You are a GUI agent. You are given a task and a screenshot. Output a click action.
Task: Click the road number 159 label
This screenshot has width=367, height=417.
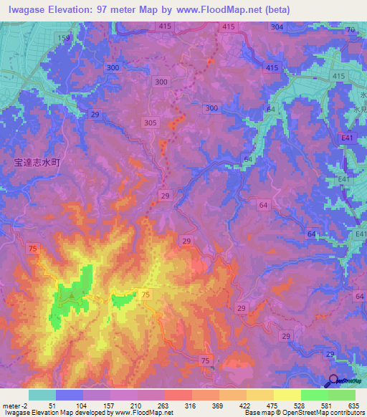click(65, 37)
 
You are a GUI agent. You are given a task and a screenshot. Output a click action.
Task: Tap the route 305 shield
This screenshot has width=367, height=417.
click(150, 123)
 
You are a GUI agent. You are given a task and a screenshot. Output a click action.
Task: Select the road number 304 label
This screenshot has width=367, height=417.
click(277, 27)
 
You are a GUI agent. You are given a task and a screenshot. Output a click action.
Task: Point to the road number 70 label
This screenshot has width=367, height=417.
click(351, 30)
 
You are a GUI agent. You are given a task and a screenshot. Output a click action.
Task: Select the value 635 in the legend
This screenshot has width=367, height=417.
click(353, 406)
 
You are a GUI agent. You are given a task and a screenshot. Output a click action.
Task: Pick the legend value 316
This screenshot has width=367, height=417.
click(189, 406)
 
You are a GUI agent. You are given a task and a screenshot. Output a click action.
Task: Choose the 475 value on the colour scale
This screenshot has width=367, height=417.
click(271, 406)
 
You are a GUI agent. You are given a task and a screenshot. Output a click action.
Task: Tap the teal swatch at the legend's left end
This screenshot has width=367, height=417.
click(42, 395)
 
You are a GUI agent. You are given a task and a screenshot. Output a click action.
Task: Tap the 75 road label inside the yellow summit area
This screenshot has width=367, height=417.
click(146, 294)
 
